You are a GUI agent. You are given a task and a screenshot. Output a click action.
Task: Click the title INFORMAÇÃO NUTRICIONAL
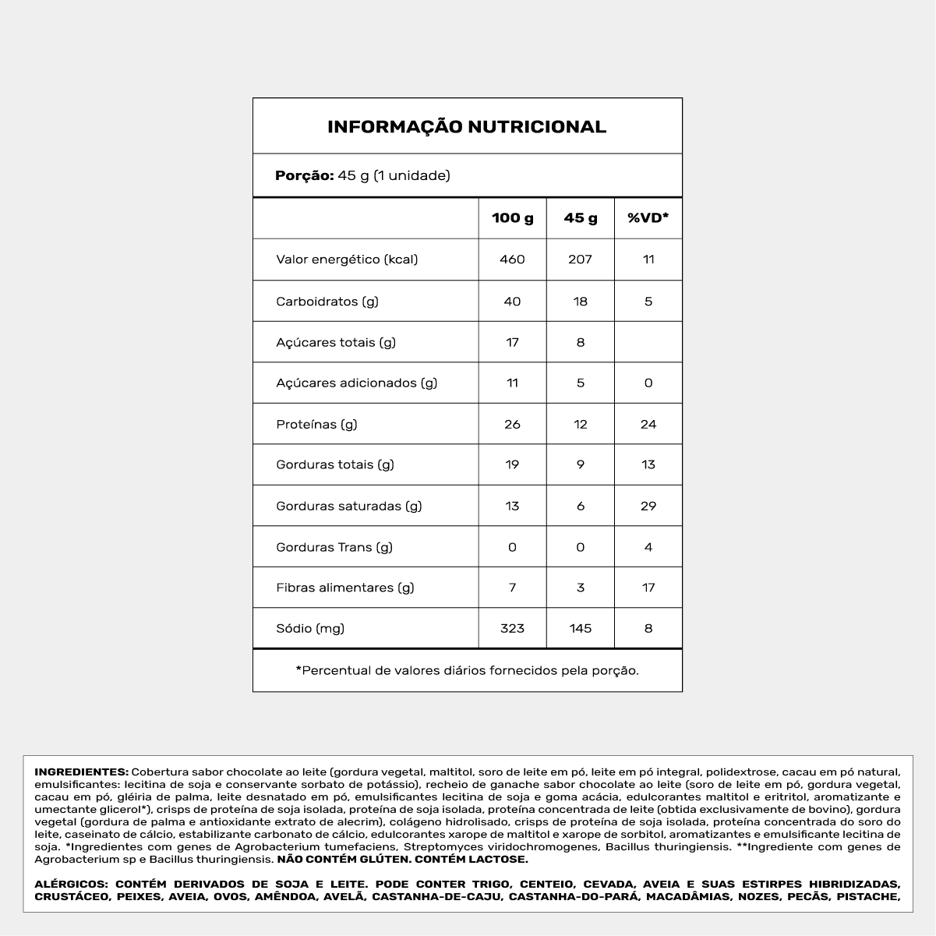(x=467, y=127)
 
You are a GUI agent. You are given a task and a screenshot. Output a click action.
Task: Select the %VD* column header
(x=648, y=218)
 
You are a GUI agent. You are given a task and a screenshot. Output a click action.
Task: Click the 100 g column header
(x=512, y=218)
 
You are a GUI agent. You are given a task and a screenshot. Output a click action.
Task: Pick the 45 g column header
(x=581, y=218)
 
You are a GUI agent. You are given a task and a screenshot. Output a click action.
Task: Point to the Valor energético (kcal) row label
(x=347, y=260)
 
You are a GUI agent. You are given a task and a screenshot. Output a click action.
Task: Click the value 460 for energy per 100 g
(x=512, y=260)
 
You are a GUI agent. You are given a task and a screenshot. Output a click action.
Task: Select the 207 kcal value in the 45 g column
(x=581, y=260)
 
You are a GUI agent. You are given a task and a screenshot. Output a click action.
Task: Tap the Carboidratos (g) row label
(x=327, y=301)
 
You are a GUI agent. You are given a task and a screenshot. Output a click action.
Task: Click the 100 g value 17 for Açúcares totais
(x=512, y=342)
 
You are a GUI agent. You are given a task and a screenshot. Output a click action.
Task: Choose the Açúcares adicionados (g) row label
(x=357, y=383)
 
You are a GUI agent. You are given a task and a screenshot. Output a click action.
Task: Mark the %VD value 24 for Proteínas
(x=648, y=424)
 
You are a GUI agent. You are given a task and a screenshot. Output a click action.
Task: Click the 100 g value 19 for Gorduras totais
(x=512, y=464)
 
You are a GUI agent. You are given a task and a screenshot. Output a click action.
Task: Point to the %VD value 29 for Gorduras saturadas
(x=648, y=506)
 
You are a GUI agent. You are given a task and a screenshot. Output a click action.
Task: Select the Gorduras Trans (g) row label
(x=334, y=547)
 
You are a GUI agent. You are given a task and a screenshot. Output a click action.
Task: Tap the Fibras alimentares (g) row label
(x=345, y=588)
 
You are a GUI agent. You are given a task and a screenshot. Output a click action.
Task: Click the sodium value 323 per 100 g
(x=512, y=628)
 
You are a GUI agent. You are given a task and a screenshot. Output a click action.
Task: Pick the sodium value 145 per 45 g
(x=581, y=628)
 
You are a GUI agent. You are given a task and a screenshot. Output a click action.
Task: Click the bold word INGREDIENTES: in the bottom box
(x=81, y=772)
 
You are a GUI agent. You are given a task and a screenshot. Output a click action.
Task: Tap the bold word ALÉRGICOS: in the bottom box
(x=71, y=885)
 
